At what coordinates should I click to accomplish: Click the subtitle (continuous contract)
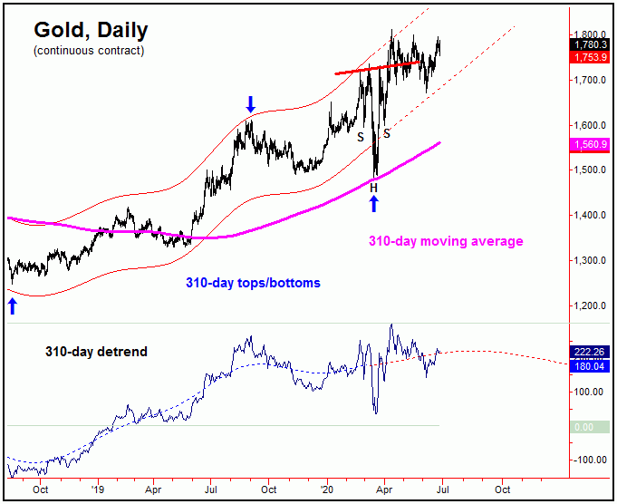point(89,51)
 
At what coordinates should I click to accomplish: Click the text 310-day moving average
point(445,242)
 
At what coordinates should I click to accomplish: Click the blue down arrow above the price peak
point(251,104)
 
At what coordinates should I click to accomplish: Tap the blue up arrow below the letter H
point(373,202)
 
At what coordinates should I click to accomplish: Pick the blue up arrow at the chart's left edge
point(13,306)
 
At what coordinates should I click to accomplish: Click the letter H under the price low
point(373,186)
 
